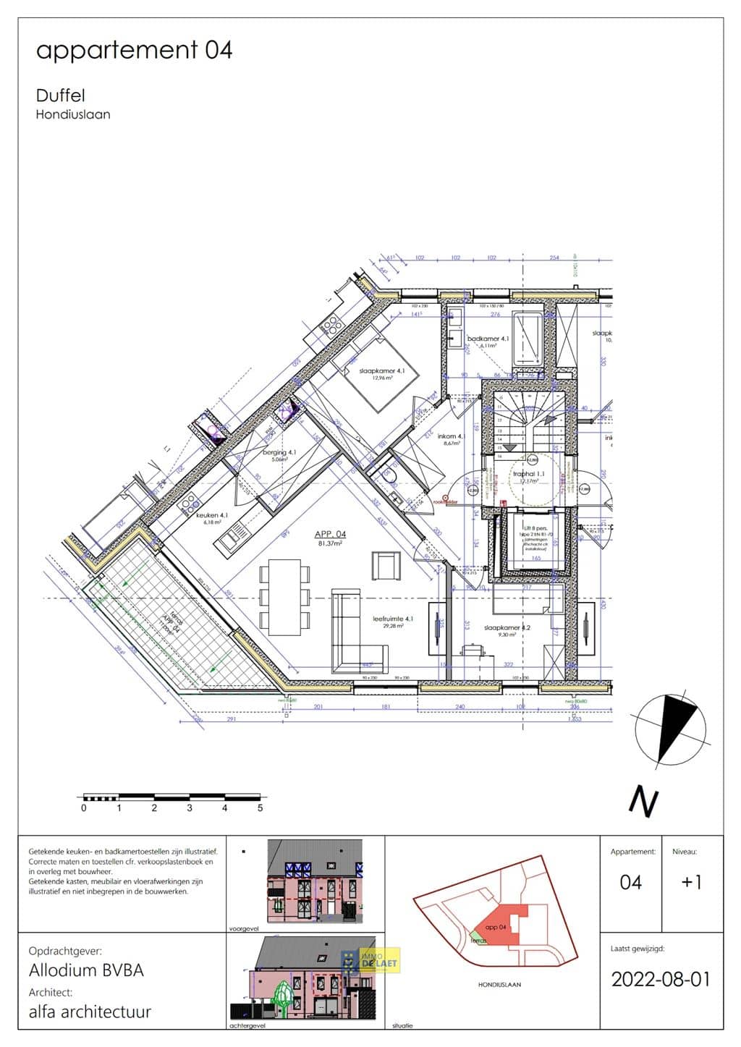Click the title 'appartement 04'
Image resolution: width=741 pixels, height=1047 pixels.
coord(134,50)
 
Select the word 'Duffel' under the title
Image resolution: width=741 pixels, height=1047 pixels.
coord(60,96)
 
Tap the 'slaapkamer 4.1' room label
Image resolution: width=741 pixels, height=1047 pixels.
coord(382,371)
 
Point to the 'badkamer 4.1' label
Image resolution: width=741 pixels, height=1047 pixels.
coord(488,339)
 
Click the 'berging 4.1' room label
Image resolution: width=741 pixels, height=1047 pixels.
coord(279,452)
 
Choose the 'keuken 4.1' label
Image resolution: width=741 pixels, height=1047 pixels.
coord(212,515)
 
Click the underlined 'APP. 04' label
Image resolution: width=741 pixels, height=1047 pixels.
coord(330,535)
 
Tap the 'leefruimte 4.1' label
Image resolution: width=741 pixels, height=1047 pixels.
coord(393,619)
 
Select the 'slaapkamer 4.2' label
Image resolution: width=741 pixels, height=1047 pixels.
coord(507,627)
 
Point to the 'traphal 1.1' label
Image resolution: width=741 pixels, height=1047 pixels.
coord(529,475)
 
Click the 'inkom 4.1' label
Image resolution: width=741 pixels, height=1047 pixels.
coord(450,437)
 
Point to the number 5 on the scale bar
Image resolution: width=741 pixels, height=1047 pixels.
coord(260,808)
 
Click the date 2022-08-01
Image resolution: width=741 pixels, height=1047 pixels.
coord(661,979)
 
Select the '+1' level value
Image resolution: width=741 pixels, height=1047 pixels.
coord(691,882)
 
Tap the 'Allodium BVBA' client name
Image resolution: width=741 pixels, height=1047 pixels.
coord(86,970)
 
